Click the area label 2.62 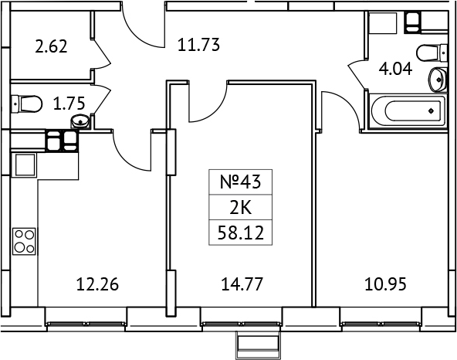point(51,46)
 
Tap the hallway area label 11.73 point(199,45)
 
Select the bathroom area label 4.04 point(394,67)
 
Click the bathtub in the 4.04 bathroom point(408,112)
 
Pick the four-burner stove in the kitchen point(24,242)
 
